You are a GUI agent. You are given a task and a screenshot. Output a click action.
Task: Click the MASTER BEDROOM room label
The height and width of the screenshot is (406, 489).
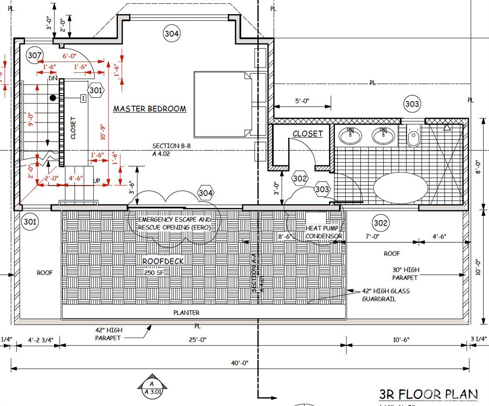(x=150, y=109)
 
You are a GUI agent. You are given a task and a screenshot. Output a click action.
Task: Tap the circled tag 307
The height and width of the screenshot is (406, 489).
(x=35, y=55)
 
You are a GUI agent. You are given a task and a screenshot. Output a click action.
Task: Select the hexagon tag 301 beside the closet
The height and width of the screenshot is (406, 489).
(x=96, y=90)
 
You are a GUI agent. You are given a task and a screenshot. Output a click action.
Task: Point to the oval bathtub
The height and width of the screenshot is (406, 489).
(x=400, y=187)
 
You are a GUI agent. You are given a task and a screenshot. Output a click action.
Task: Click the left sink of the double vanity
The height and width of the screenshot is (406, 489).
(x=350, y=135)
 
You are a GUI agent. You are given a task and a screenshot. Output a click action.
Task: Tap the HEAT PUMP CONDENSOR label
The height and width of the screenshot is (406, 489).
(x=324, y=232)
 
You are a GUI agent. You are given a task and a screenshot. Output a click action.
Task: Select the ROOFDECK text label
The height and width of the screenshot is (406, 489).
(x=163, y=261)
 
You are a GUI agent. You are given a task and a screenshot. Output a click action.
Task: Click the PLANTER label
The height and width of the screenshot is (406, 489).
(x=186, y=312)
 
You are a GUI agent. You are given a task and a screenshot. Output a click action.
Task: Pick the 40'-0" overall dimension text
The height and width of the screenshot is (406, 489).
(x=240, y=363)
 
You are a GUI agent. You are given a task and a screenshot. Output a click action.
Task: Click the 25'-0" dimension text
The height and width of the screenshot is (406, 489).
(x=197, y=339)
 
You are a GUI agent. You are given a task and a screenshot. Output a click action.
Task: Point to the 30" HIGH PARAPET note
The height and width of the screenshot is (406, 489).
(x=406, y=274)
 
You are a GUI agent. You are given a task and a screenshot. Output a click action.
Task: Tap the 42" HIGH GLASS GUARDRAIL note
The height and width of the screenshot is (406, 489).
(x=385, y=295)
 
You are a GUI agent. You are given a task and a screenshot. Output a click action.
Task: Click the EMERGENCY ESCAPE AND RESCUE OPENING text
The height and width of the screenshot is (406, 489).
(x=175, y=223)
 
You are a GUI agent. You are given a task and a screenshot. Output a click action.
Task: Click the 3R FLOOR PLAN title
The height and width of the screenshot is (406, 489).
(x=428, y=394)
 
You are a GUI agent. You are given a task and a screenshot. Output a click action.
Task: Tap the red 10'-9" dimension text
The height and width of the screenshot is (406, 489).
(x=103, y=132)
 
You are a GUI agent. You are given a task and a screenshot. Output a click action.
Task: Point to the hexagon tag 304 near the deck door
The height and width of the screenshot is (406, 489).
(x=206, y=193)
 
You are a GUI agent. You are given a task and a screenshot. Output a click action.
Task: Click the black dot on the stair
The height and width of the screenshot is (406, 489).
(x=53, y=98)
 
